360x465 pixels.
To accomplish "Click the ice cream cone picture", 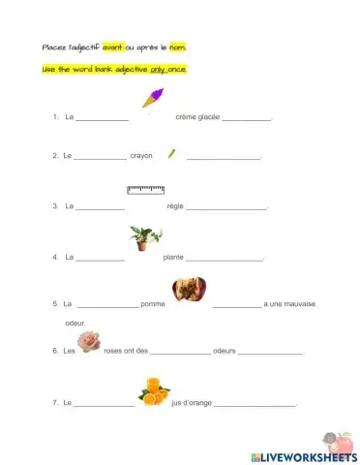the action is pos(153,97).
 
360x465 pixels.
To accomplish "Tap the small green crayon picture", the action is pos(171,152).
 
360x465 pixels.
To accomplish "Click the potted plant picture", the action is pos(145,238).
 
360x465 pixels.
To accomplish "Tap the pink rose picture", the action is pos(89,340).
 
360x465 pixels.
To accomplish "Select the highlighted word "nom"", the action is pos(177,47).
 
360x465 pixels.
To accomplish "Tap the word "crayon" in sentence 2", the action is pos(141,156).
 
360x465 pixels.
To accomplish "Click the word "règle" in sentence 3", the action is pos(175,206).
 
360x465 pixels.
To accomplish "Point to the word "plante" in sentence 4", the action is pos(173,257).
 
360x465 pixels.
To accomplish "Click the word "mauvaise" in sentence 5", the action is pos(298,304).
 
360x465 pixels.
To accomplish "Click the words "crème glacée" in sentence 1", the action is pos(197,117).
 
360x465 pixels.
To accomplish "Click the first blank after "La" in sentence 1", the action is pos(102,118).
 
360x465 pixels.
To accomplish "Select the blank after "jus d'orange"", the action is pos(255,403).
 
